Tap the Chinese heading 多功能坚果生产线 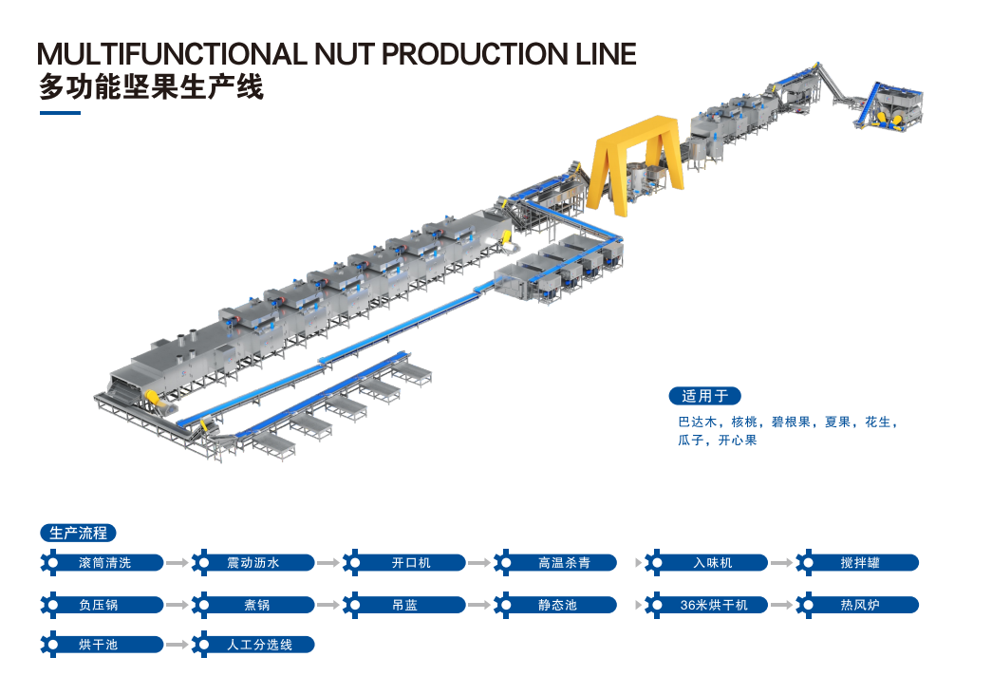tap(151, 87)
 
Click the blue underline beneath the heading tap(60, 113)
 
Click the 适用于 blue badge tap(704, 396)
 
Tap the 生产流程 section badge tap(78, 533)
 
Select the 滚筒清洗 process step tap(102, 563)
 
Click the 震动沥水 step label tap(253, 563)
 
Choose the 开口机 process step tap(404, 563)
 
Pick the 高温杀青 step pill tap(555, 563)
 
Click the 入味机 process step tap(706, 563)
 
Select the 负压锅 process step tap(102, 605)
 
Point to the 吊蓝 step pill tap(404, 605)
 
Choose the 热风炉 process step tap(857, 605)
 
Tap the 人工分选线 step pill tap(253, 645)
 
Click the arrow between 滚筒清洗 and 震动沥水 tap(178, 563)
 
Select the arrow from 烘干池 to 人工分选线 tap(178, 645)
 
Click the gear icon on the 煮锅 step tap(201, 605)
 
